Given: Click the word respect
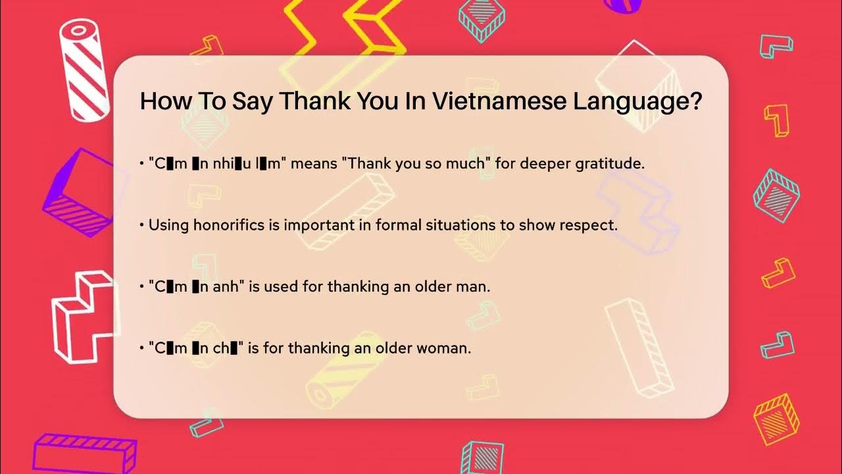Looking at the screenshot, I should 588,224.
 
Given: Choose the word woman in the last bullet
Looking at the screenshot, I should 447,348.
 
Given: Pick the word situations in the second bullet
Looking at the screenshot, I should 431,224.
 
